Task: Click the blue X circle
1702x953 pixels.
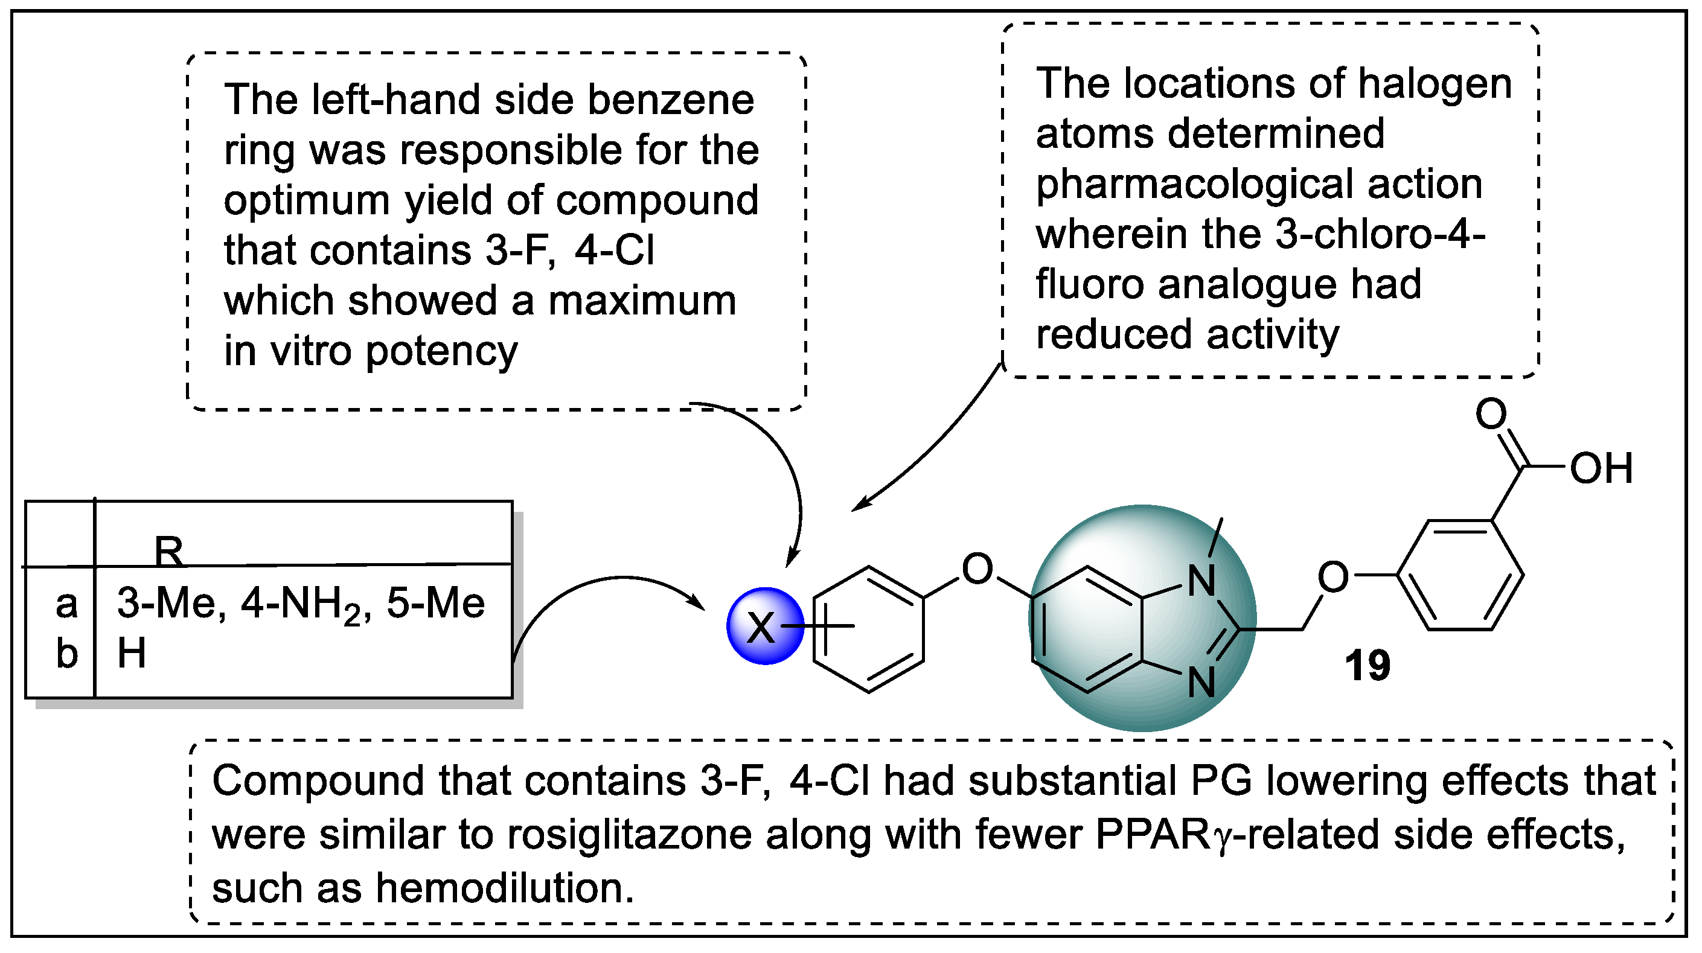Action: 764,625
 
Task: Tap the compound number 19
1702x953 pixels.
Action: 1368,666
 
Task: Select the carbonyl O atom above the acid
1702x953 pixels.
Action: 1491,414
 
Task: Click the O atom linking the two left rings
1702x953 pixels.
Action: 977,569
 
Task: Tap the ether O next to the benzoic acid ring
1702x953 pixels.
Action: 1332,576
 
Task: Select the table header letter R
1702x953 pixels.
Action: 168,550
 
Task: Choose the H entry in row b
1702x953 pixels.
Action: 132,654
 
